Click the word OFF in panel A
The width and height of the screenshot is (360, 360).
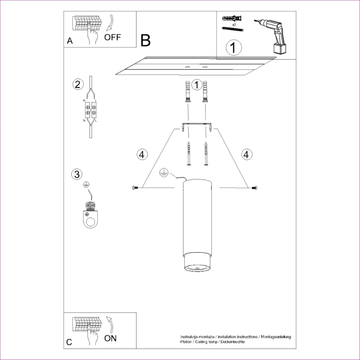point(113,37)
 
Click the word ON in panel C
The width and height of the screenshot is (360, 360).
point(110,338)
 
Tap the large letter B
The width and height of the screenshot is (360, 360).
point(145,40)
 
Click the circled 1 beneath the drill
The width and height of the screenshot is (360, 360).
point(234,48)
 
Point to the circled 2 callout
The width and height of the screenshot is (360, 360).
point(77,84)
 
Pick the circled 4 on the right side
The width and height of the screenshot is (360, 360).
point(247,154)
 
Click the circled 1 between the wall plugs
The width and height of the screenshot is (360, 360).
point(197,84)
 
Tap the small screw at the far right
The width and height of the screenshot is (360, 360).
point(254,187)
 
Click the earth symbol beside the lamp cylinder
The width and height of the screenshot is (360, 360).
point(164,173)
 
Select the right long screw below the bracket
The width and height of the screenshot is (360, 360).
point(207,154)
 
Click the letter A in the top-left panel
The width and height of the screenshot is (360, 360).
point(70,41)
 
